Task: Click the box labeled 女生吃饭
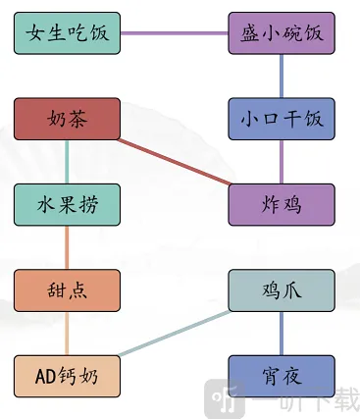point(68,33)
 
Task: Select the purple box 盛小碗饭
point(282,33)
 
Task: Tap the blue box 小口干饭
point(282,119)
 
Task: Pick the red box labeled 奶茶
point(68,119)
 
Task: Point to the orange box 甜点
point(68,289)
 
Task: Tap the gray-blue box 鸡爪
point(282,289)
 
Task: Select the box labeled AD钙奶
point(68,375)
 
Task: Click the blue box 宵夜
point(282,375)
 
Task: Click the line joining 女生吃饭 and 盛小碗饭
point(175,33)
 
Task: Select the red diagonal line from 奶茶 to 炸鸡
point(175,162)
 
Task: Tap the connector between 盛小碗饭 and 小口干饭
point(282,76)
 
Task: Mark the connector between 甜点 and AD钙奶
point(68,332)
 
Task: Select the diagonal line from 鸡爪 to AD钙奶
point(175,332)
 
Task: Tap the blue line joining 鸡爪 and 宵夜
point(282,332)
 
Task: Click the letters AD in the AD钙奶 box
point(46,375)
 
